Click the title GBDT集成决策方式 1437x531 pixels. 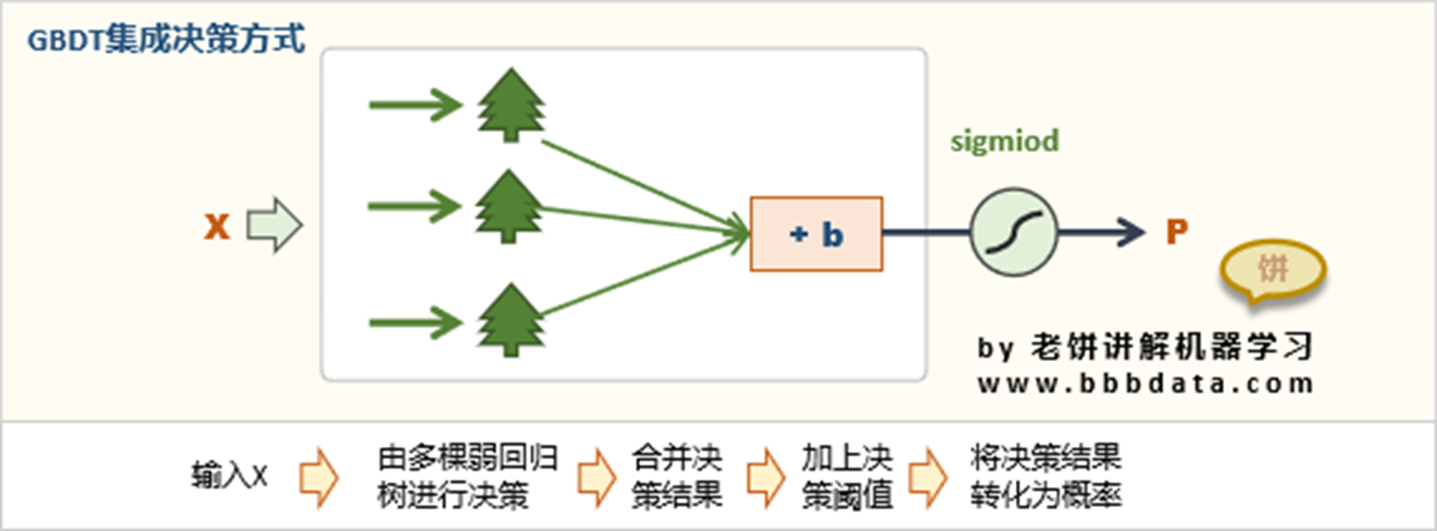click(x=167, y=41)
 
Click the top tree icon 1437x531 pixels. click(x=510, y=105)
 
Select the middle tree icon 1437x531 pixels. click(x=510, y=206)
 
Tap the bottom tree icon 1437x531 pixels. click(x=510, y=320)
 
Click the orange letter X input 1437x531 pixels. click(x=217, y=227)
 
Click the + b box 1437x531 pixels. click(x=816, y=234)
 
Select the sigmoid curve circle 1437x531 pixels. click(x=1014, y=233)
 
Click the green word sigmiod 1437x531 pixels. click(x=1005, y=142)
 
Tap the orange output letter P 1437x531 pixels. click(x=1176, y=232)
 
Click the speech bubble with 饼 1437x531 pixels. click(x=1273, y=272)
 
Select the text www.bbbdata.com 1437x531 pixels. click(x=1146, y=383)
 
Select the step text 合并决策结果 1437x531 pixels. click(x=677, y=477)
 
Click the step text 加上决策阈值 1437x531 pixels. click(x=847, y=477)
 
